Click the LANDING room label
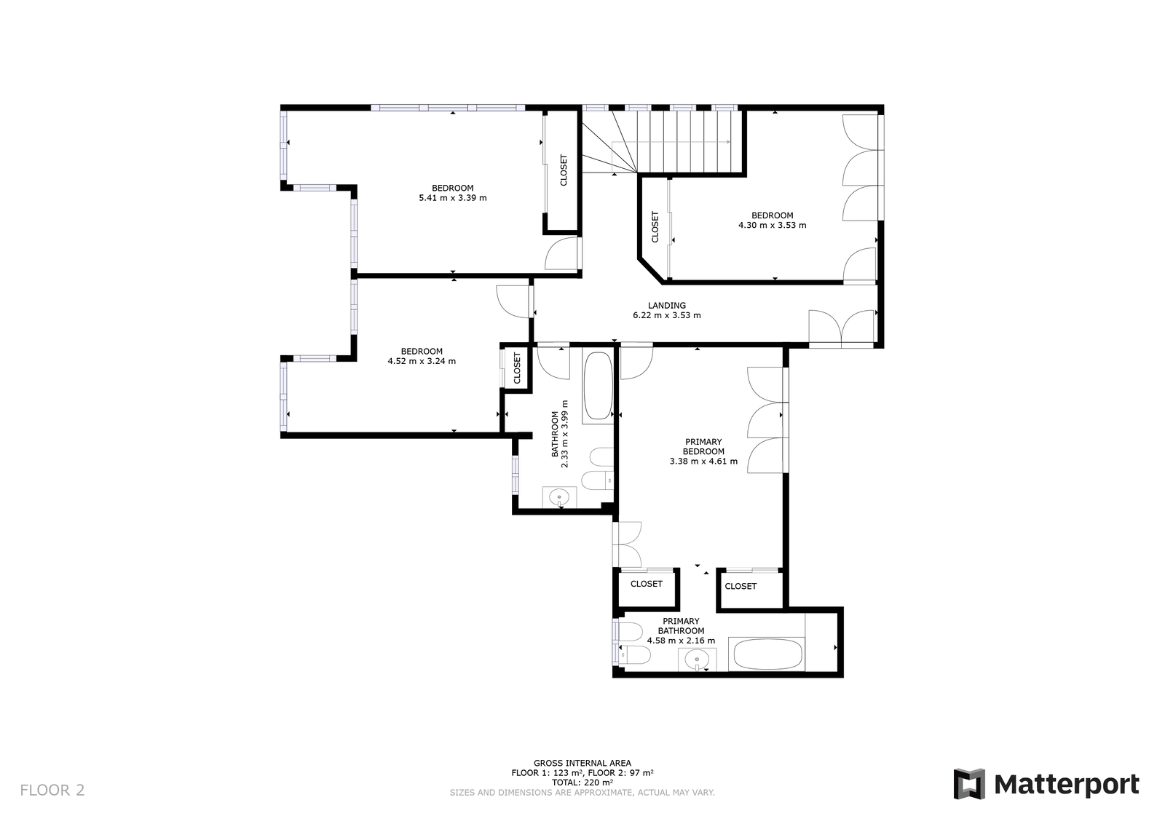667,306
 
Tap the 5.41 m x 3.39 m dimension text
452,198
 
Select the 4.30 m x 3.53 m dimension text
773,226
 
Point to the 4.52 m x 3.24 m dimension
422,361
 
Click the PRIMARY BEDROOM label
703,446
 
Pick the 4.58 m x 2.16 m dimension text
681,641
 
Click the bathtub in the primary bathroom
767,654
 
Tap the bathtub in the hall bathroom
598,386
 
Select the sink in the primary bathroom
697,660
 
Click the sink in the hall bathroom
559,496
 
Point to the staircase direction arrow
671,141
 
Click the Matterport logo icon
969,784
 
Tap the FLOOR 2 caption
52,791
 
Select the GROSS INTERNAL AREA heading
582,763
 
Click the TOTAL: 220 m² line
582,783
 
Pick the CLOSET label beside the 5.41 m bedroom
564,170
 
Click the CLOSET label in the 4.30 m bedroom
655,226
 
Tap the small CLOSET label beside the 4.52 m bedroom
517,368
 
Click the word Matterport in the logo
1067,785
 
